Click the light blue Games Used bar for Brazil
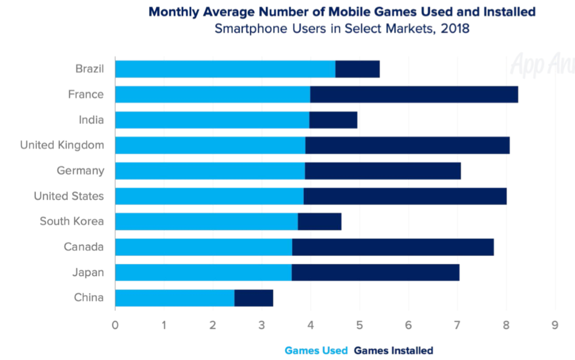(225, 69)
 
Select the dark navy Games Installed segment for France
(414, 95)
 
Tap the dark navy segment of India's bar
(333, 120)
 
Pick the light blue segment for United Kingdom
(210, 145)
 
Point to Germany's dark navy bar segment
(383, 171)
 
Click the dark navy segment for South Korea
(320, 222)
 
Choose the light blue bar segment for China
(175, 298)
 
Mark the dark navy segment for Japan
(375, 272)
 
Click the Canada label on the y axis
(84, 247)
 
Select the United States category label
(69, 196)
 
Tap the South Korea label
(72, 222)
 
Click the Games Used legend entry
(316, 351)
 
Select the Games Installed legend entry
(393, 351)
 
